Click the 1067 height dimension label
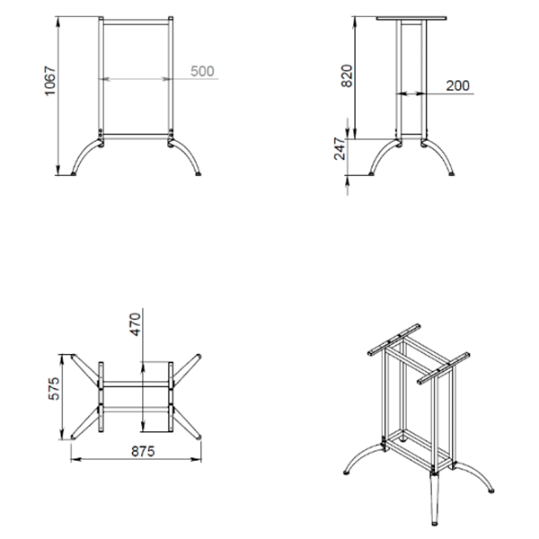tap(50, 81)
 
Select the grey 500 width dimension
tap(202, 71)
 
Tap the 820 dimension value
tap(347, 76)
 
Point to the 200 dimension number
tap(458, 85)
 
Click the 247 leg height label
tap(340, 149)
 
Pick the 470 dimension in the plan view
tap(136, 324)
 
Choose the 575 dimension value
tap(54, 389)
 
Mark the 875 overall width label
tap(143, 451)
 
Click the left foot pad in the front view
tap(74, 174)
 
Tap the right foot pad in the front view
tap(199, 174)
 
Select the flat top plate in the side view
tap(411, 18)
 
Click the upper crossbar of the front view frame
tap(137, 22)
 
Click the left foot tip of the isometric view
tap(346, 473)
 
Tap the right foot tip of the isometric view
tap(491, 490)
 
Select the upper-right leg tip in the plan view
tap(199, 356)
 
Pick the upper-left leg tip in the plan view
tap(73, 357)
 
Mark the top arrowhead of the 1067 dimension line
tap(58, 22)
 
